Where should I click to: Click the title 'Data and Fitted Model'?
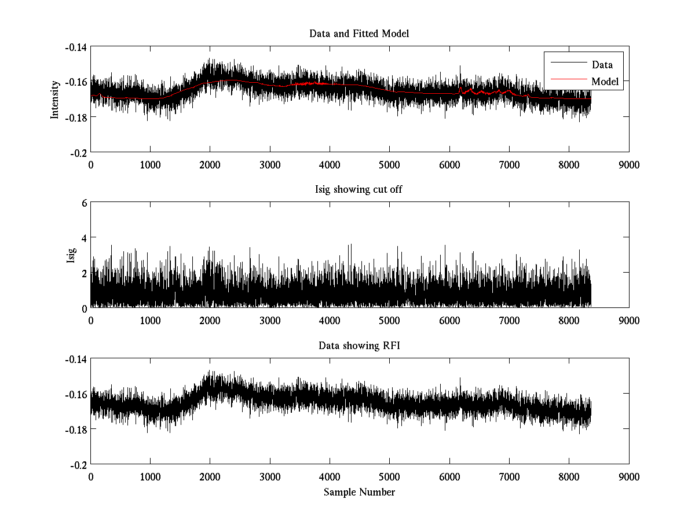coord(359,34)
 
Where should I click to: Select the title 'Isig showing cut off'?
coord(359,190)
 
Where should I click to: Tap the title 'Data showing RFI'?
coord(359,346)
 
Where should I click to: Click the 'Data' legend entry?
coord(602,64)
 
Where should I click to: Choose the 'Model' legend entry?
coord(605,82)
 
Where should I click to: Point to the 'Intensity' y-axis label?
coord(55,99)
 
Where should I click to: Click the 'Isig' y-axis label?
coord(71,255)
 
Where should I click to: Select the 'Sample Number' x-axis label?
coord(359,492)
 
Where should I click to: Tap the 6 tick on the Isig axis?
coord(84,203)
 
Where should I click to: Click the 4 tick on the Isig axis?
coord(84,237)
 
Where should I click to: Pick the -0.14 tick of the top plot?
coord(76,47)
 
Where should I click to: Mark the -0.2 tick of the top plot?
coord(78,152)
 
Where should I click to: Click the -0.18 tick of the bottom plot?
coord(76,429)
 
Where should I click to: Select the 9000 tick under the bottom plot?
coord(628,477)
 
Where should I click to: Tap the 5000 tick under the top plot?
coord(389,164)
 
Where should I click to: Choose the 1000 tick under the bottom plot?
coord(150,477)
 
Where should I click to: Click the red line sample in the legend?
coord(567,82)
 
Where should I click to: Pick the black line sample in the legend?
coord(567,64)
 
